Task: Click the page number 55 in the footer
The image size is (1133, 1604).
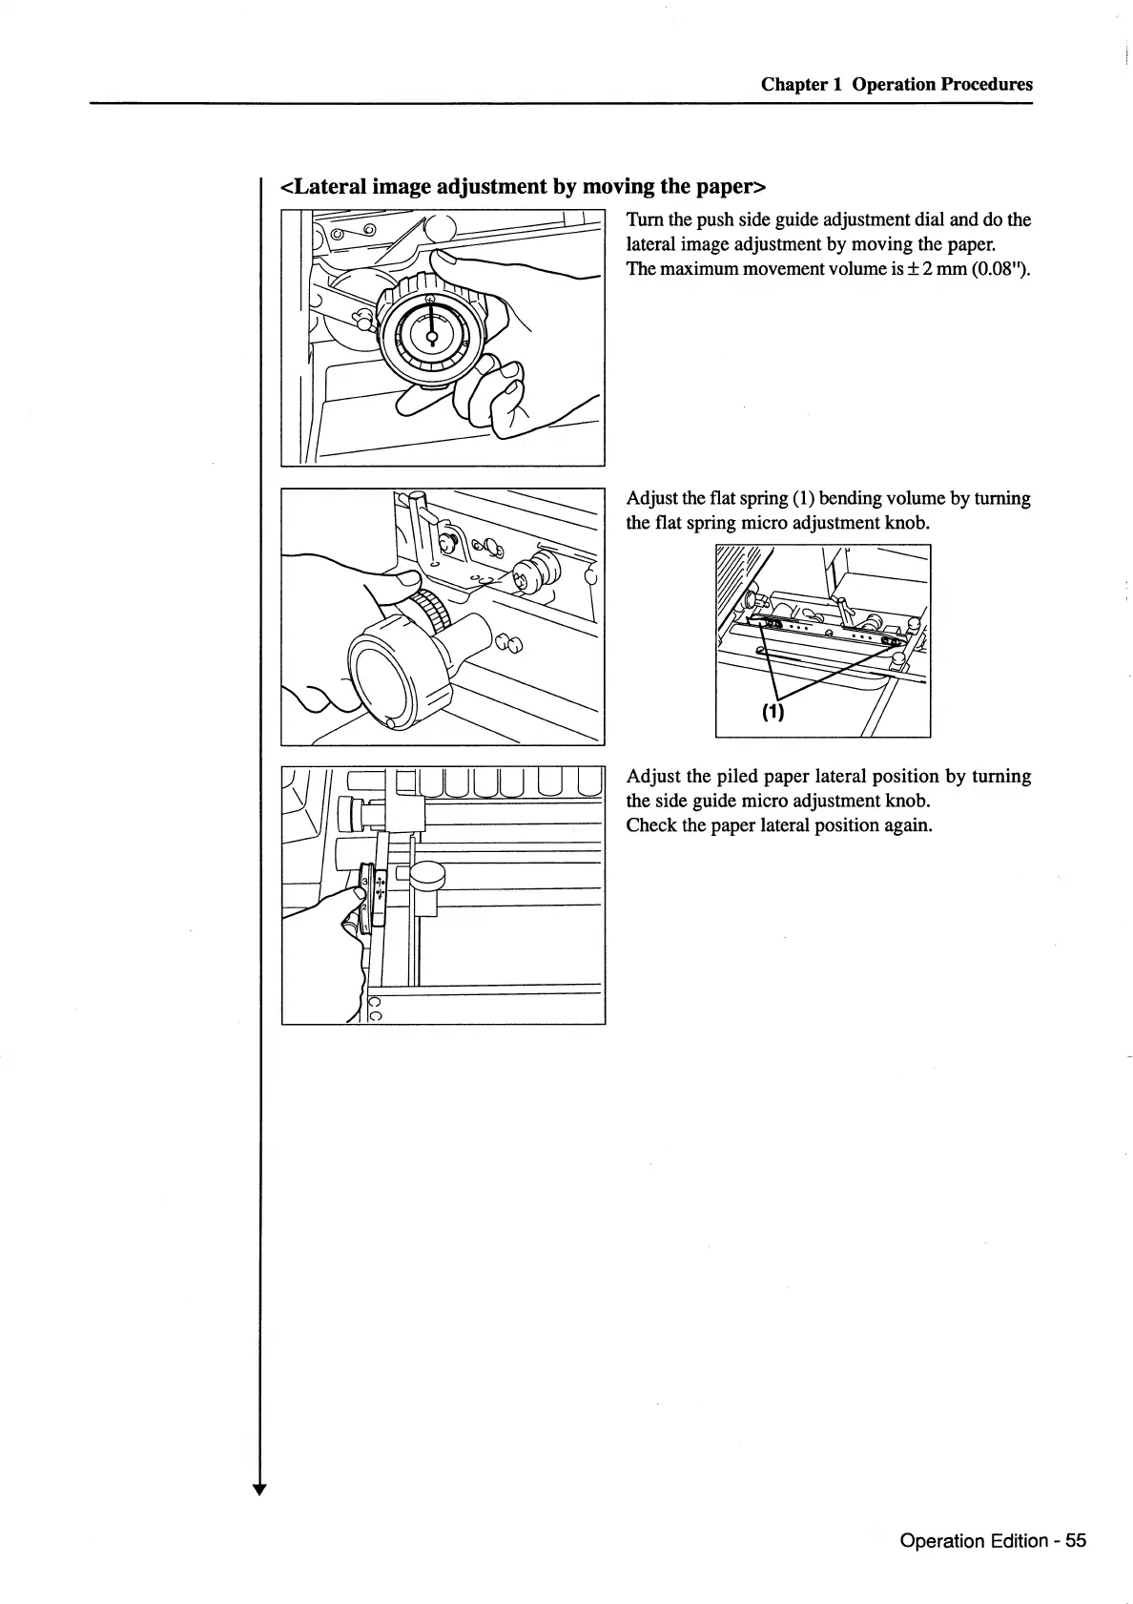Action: click(1076, 1540)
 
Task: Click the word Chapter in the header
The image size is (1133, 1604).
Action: click(794, 84)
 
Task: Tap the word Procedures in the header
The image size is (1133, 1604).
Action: click(986, 84)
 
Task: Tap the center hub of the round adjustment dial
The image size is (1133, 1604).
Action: click(431, 335)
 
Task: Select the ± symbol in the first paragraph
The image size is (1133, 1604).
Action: click(917, 269)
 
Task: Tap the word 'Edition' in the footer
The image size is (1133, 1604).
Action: click(1020, 1540)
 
